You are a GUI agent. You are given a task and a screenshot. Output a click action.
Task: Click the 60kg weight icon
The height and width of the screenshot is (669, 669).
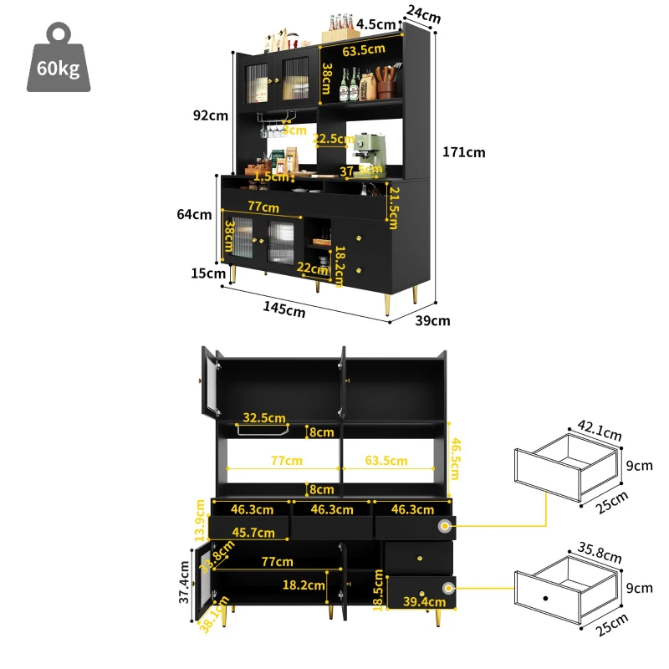[59, 59]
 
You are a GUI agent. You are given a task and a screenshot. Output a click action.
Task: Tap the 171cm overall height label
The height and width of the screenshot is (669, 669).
[465, 152]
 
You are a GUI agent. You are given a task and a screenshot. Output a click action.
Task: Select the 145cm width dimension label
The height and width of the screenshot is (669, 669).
[283, 309]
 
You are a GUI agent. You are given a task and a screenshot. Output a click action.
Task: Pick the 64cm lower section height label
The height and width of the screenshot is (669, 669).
[195, 215]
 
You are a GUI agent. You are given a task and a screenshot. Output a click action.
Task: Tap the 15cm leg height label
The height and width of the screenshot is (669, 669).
[208, 273]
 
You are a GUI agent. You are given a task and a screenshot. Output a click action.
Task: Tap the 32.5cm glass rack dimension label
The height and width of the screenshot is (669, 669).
[264, 417]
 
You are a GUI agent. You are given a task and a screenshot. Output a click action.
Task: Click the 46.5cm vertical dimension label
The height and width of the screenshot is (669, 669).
[456, 458]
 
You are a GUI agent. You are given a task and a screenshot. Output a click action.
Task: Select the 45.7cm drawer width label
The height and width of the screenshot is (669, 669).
[253, 532]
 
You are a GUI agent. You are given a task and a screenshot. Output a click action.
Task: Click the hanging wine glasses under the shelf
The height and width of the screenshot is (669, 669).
[271, 130]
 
